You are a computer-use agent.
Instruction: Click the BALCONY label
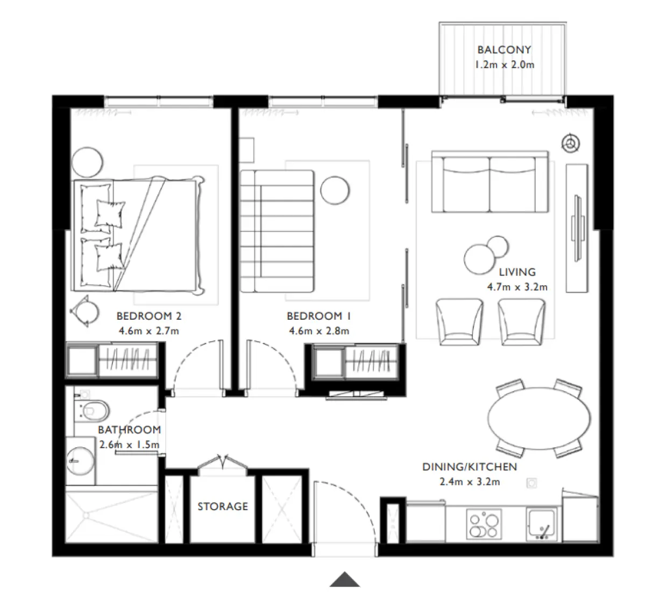(x=504, y=50)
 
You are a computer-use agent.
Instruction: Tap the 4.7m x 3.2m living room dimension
(x=517, y=287)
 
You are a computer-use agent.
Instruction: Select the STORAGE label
(x=223, y=506)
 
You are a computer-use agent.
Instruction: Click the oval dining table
(x=539, y=418)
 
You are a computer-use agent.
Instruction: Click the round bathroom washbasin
(x=79, y=459)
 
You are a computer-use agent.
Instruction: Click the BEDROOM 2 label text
(x=145, y=316)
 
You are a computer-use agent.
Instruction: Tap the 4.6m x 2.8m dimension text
(x=319, y=331)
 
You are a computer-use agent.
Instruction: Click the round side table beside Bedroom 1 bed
(x=335, y=189)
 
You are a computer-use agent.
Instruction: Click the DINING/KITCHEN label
(x=469, y=467)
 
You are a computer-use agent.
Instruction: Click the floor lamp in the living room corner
(x=570, y=143)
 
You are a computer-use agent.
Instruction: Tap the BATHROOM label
(x=129, y=430)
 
